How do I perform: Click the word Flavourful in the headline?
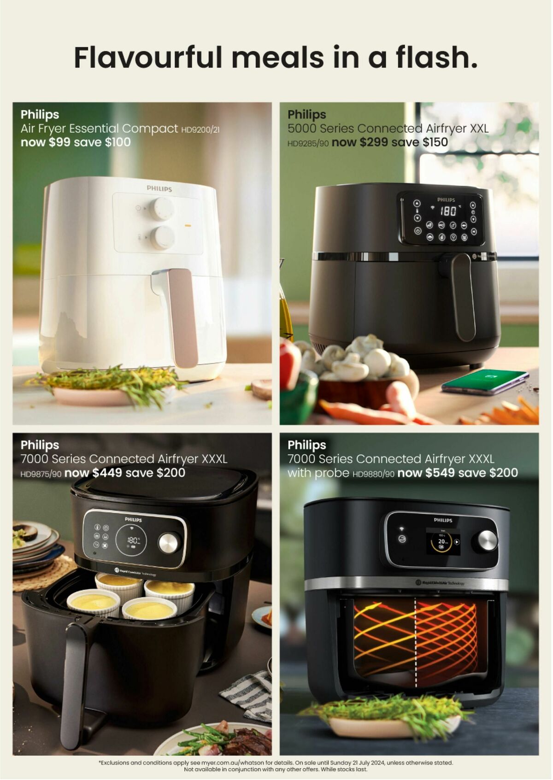(148, 57)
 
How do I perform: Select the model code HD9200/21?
(200, 130)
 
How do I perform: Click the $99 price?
(59, 142)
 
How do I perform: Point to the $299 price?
(374, 142)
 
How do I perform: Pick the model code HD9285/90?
(308, 143)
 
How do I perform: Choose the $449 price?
(107, 473)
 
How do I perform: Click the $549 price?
(440, 473)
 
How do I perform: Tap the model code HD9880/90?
(373, 474)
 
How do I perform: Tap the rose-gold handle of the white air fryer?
(182, 317)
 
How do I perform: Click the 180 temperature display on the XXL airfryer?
(448, 211)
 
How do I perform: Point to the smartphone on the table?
(485, 382)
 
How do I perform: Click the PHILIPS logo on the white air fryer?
(159, 188)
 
